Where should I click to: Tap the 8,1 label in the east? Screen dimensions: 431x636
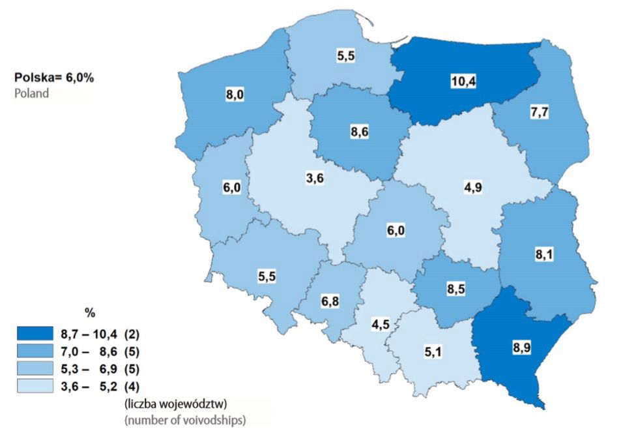543,255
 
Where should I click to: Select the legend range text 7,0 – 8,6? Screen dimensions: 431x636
92,352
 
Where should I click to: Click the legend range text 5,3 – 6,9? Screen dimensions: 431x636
92,369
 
